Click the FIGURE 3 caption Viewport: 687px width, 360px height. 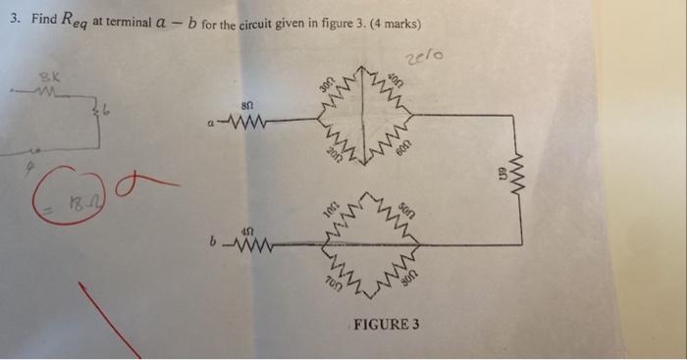tap(384, 324)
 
